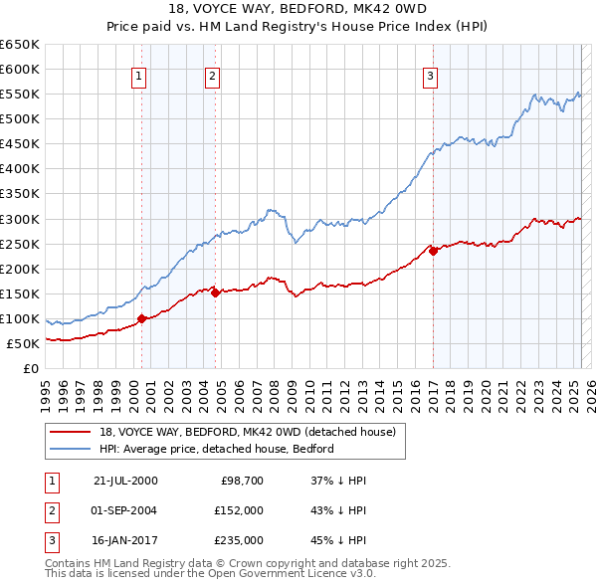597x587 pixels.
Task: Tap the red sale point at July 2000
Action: (x=142, y=319)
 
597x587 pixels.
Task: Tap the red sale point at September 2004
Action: (x=216, y=293)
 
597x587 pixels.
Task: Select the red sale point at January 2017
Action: (x=434, y=251)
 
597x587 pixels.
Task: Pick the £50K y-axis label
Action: (x=24, y=343)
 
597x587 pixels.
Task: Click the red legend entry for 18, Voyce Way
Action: (x=248, y=432)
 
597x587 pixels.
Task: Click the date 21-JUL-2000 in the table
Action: (x=125, y=481)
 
